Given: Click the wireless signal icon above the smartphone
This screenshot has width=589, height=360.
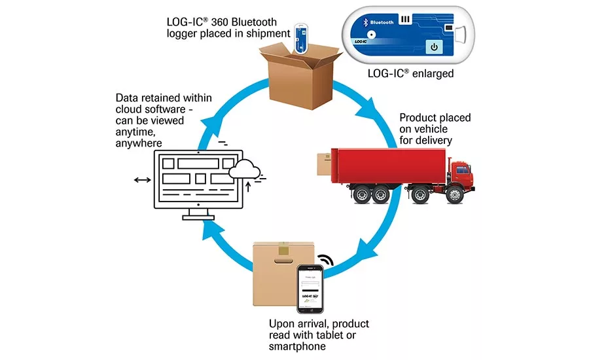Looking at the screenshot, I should pos(325,261).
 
